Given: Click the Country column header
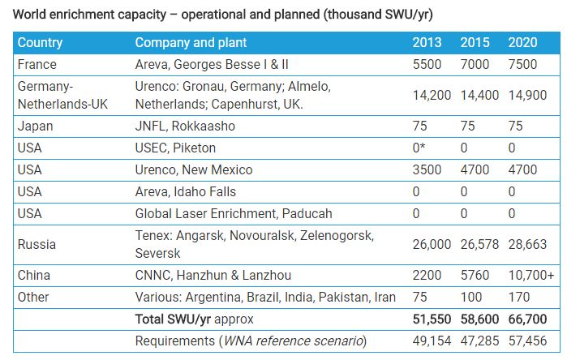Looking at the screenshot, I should coord(41,42).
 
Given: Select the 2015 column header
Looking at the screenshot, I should coord(475,42).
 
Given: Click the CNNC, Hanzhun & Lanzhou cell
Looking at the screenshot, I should coord(213,276).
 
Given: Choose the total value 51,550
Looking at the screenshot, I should coord(432,319).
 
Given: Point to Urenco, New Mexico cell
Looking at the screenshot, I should coord(194,169).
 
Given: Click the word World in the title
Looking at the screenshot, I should coord(32,14).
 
